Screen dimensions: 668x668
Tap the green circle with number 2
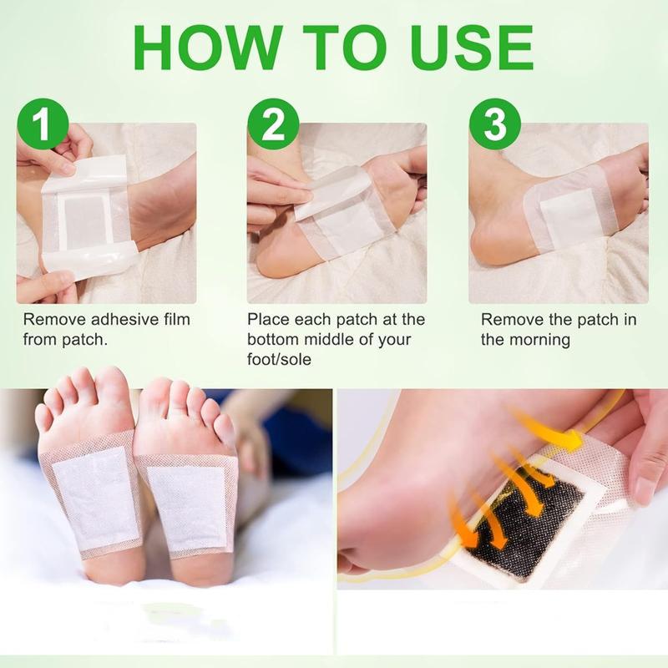tap(273, 125)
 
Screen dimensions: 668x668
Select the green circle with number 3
tap(495, 125)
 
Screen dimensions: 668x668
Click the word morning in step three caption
tap(539, 340)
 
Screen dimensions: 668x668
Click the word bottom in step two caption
tap(272, 340)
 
